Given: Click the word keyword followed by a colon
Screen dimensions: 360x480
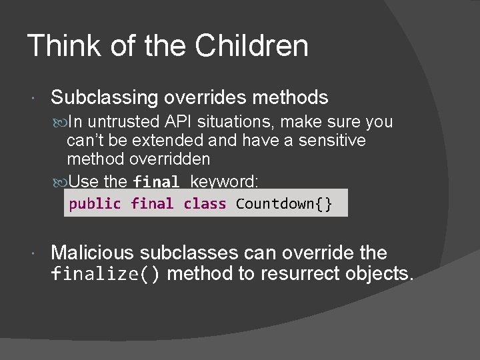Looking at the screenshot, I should pos(225,181).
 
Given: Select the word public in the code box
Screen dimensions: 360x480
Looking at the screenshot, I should pos(95,204).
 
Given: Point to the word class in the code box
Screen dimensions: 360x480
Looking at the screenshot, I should pos(205,204).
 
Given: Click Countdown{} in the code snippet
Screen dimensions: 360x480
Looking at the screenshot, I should pos(284,204).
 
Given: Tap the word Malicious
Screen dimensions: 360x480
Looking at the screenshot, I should pos(93,253).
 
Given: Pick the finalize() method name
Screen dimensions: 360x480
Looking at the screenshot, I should pos(106,274).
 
